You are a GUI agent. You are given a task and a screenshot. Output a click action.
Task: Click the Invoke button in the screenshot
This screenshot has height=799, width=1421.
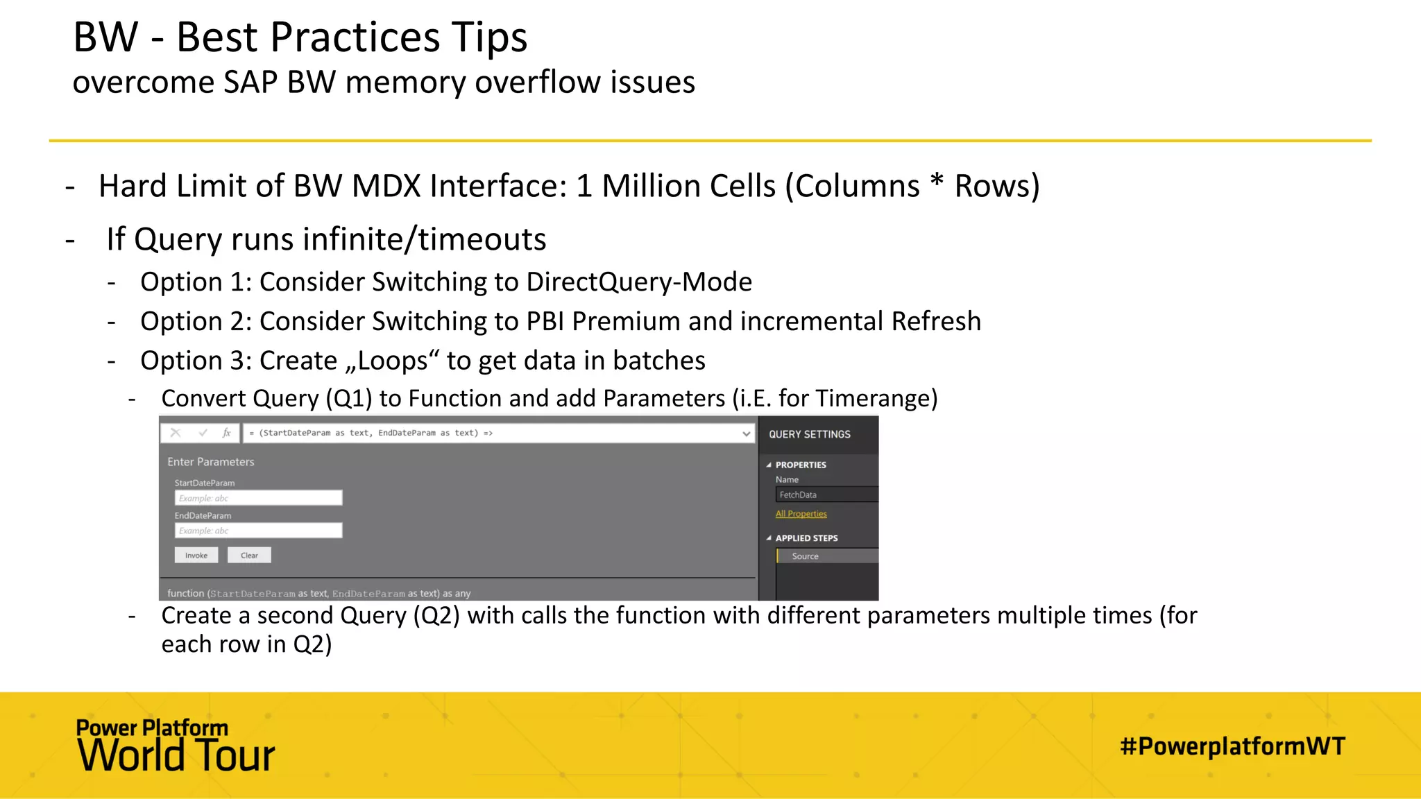click(x=196, y=556)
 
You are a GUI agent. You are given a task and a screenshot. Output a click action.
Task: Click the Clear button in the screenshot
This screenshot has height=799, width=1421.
click(x=249, y=556)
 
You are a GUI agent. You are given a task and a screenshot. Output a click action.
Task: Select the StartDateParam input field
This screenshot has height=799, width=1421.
click(x=258, y=498)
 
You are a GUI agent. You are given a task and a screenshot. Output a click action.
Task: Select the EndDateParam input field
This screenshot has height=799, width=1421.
click(x=258, y=531)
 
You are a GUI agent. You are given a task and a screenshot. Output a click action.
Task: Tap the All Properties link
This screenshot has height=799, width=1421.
click(x=801, y=514)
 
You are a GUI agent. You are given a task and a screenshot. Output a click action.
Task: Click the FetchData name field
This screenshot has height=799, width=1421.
click(x=826, y=495)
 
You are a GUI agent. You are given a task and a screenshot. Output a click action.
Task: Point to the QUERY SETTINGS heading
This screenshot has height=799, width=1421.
click(x=809, y=434)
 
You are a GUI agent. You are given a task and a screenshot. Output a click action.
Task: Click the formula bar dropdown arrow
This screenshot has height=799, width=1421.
click(x=746, y=433)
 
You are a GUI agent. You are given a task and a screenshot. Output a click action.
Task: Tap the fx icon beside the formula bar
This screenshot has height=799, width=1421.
click(x=226, y=433)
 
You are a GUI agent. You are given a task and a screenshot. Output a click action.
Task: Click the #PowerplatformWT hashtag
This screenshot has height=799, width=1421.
click(x=1232, y=746)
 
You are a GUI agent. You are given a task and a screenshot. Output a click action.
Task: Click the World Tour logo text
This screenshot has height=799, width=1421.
click(x=176, y=755)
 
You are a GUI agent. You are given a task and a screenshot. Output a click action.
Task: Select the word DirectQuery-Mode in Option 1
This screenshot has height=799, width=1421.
click(x=639, y=282)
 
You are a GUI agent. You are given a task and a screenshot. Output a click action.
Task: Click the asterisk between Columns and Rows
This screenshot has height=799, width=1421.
click(x=937, y=182)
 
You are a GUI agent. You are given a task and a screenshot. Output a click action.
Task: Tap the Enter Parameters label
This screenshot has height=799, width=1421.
click(x=210, y=462)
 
